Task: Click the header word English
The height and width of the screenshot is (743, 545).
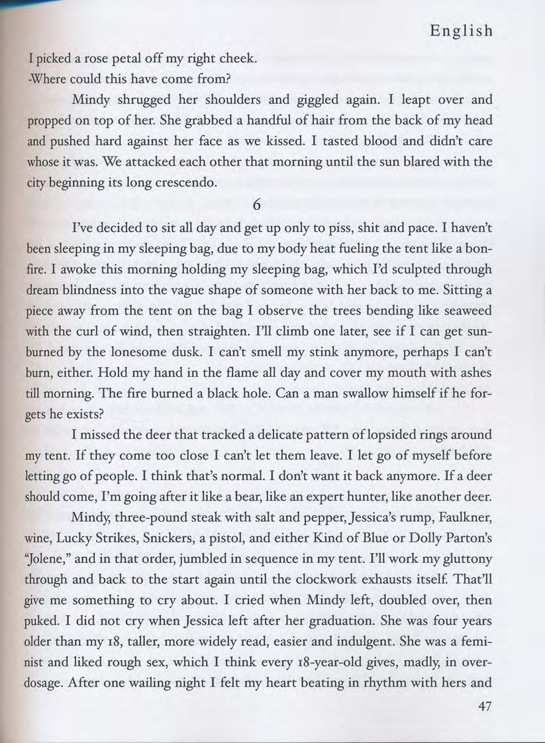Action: (x=462, y=30)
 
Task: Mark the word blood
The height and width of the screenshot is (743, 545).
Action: (x=362, y=141)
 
